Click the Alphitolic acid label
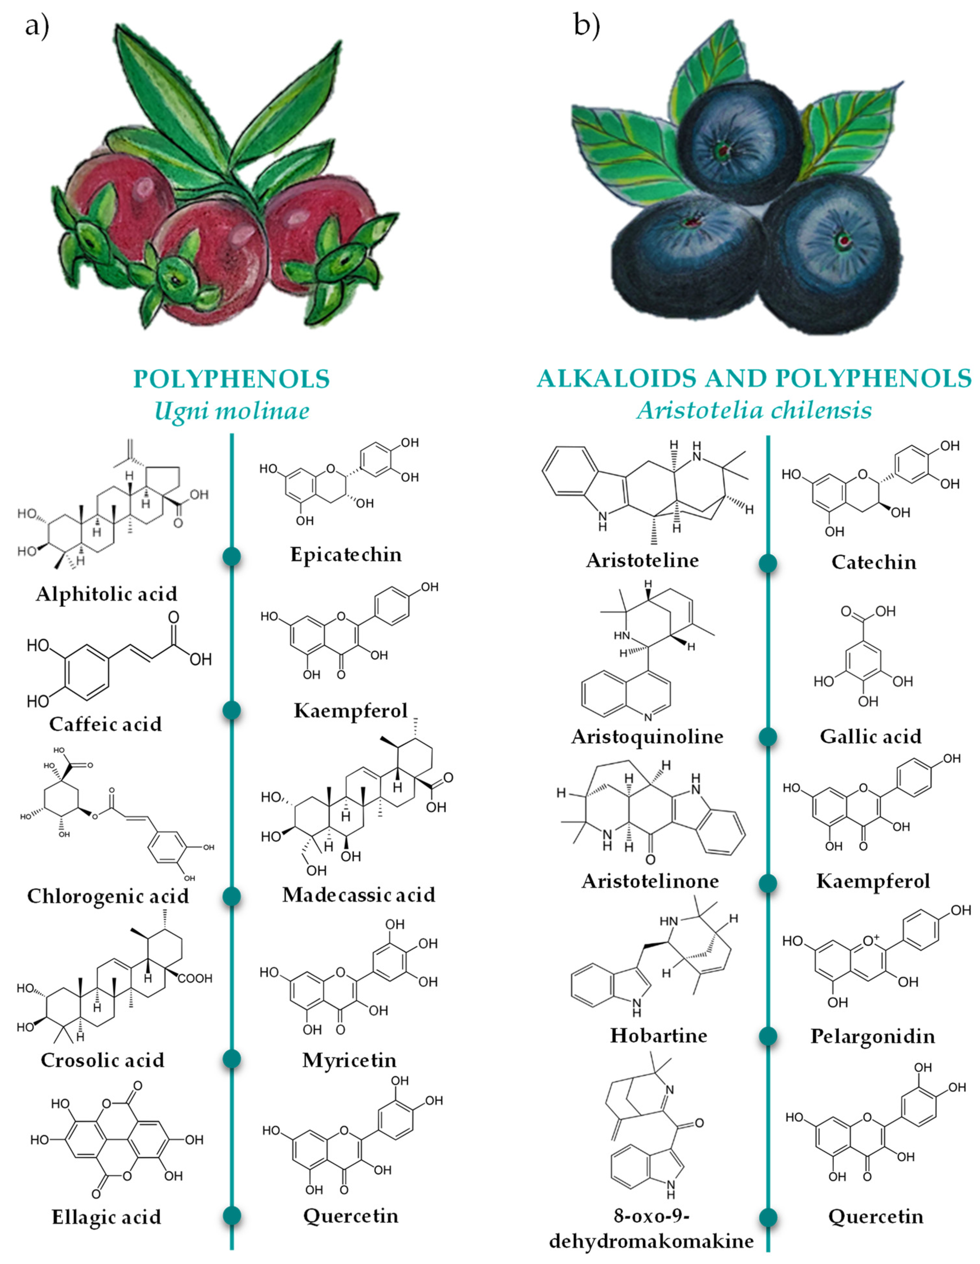tap(107, 594)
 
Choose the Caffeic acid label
tap(105, 724)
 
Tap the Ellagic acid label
tap(107, 1217)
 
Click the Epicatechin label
tap(346, 554)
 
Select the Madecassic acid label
tap(359, 895)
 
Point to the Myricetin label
tap(349, 1060)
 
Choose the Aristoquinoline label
tap(647, 736)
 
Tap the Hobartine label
tap(659, 1035)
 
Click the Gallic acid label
tap(870, 736)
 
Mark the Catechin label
tap(873, 562)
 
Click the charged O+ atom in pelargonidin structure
tap(870, 940)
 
